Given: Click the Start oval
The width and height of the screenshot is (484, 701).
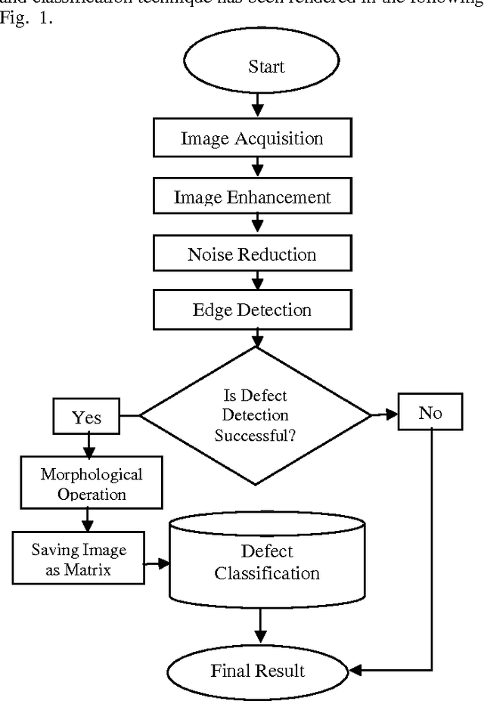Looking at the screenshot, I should (x=257, y=67).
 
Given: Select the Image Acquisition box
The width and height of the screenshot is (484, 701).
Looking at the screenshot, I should (x=251, y=138).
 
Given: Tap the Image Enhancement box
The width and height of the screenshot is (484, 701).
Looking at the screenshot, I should (x=252, y=197).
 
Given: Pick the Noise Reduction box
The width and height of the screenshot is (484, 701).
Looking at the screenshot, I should (x=252, y=254).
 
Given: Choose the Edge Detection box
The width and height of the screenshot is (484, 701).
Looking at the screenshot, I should (x=252, y=310).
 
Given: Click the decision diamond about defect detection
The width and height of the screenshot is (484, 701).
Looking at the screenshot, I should (x=256, y=414).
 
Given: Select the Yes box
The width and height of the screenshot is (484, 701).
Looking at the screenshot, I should (x=86, y=417).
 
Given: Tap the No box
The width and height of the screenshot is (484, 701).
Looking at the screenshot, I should (x=430, y=414).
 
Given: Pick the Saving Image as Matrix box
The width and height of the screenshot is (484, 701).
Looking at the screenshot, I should (x=79, y=559).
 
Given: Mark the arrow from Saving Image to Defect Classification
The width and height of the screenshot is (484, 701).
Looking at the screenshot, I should (x=157, y=563).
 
